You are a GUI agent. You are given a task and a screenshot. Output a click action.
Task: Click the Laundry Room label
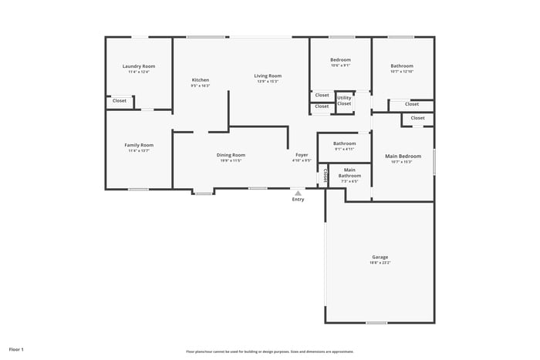[139, 66]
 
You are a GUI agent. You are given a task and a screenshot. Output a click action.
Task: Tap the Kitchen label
[201, 80]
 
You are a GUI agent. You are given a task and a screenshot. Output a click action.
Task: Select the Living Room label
[268, 76]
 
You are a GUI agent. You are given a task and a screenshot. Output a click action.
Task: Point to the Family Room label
[139, 145]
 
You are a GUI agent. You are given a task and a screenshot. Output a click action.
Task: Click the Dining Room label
[231, 155]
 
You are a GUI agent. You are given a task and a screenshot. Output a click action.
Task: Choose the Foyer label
[302, 155]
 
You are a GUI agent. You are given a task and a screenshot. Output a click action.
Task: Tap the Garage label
[380, 257]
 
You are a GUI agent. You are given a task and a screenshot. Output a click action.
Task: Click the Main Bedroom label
[403, 156]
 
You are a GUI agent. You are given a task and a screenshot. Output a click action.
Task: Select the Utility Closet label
[344, 100]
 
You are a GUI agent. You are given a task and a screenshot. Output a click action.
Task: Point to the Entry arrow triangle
[298, 193]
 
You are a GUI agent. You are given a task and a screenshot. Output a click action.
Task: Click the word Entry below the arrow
[298, 200]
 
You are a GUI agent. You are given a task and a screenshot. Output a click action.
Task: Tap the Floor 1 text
[16, 349]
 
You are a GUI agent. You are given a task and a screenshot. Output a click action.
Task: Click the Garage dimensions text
[380, 263]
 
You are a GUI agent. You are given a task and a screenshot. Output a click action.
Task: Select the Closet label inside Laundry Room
[120, 101]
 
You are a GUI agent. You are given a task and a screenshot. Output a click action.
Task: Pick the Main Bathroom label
[349, 173]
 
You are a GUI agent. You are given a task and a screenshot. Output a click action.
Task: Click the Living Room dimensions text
[268, 81]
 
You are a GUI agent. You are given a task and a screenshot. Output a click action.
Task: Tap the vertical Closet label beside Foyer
[326, 177]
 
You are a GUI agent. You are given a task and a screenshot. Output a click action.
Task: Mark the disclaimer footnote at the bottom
[269, 351]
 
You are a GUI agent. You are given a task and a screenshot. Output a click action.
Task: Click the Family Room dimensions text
[139, 151]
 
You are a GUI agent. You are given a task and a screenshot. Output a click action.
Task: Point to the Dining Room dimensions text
[231, 161]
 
